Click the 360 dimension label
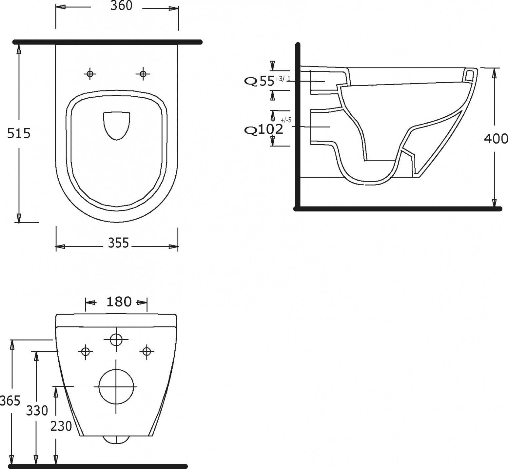pos(121,6)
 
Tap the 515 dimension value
pos(19,133)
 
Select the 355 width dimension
pos(119,243)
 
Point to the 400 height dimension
pos(496,139)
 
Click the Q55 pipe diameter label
pos(259,81)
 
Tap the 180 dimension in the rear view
pos(119,302)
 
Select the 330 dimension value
pos(37,410)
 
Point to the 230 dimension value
pos(61,426)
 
